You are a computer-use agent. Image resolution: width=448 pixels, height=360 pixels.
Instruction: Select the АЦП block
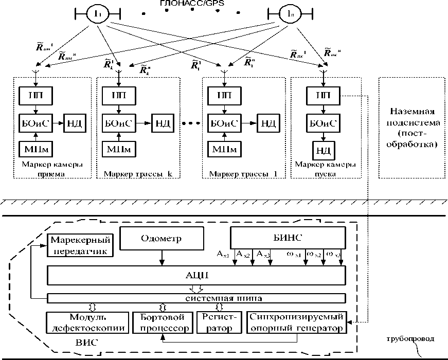coord(196,275)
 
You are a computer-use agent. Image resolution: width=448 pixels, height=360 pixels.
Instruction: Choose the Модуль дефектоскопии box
coord(86,322)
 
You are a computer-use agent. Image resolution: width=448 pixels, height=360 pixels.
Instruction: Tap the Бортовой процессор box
coord(162,322)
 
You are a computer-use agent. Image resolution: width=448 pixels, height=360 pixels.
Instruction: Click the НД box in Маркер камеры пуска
coord(323,151)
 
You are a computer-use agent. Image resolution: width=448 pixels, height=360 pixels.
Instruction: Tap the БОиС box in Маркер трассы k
coord(119,123)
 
